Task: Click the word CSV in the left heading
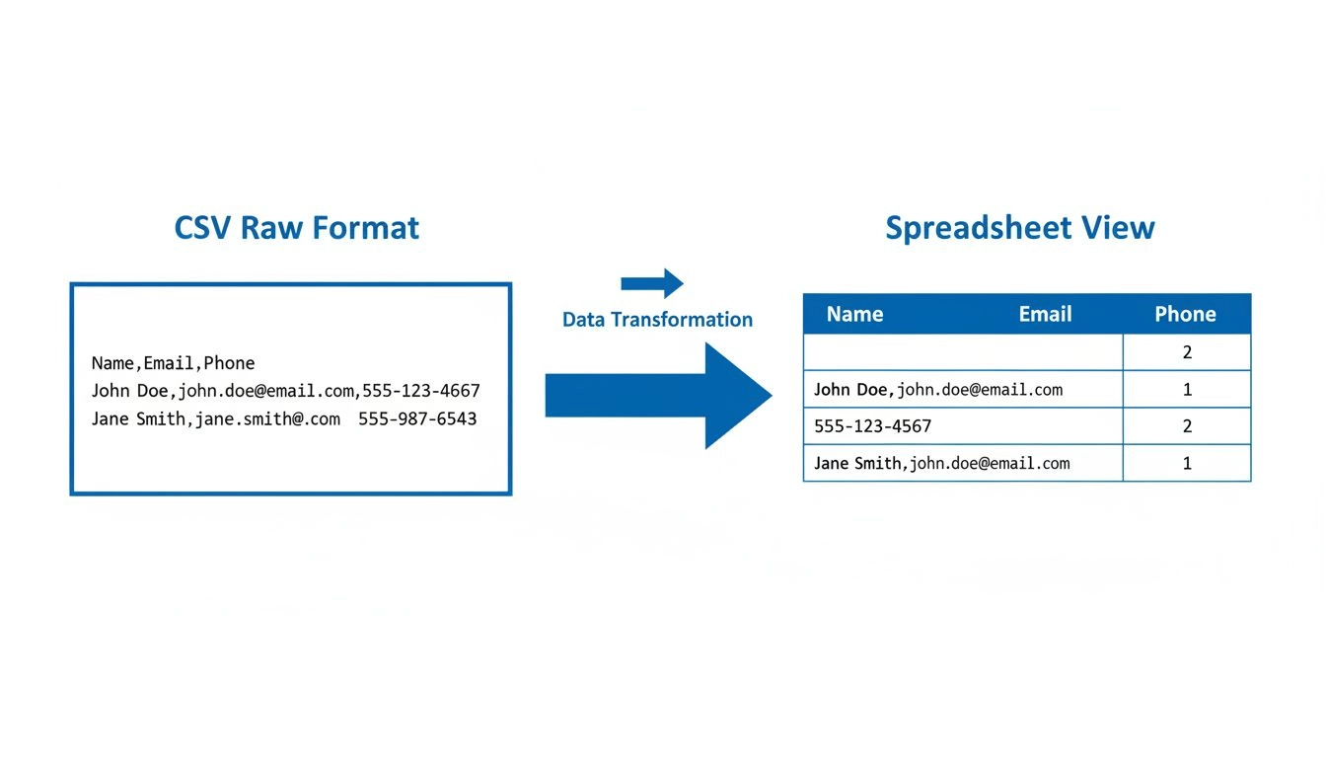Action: coord(202,228)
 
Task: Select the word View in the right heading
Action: coord(1117,228)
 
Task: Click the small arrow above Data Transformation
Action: coord(652,283)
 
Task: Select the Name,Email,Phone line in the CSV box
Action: coord(173,363)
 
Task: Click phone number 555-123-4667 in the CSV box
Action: coord(419,391)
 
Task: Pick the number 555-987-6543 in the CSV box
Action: coord(417,418)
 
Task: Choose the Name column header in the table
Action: coord(854,315)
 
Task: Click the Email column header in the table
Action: coord(1045,315)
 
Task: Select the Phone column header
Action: coord(1185,315)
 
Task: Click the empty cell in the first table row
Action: coord(963,352)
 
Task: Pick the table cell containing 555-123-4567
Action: coord(872,426)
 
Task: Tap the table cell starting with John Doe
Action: coord(938,390)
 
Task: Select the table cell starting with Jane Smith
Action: coord(941,463)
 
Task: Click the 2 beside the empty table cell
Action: coord(1187,352)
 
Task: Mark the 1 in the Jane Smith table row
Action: coord(1187,463)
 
